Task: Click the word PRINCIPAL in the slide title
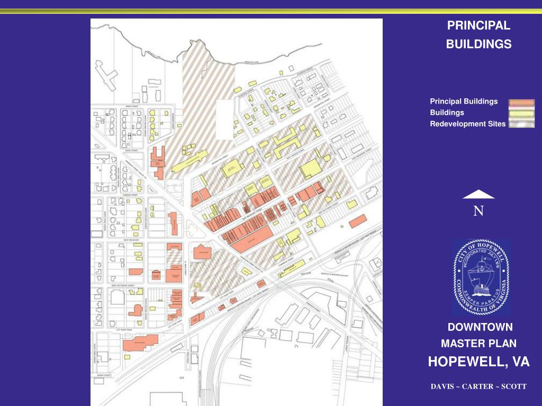coord(478,25)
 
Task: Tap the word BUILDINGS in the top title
coord(478,44)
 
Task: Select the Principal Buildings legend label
coord(464,101)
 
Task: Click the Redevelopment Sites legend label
coord(467,124)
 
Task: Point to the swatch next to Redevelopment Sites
coord(521,124)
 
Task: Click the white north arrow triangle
coord(478,195)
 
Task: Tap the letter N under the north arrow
coord(478,211)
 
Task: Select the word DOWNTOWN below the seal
coord(480,327)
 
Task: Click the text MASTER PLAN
coord(478,344)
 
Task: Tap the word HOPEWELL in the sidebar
coord(466,362)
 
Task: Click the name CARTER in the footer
coord(478,386)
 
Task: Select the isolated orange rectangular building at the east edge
coord(357,221)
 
